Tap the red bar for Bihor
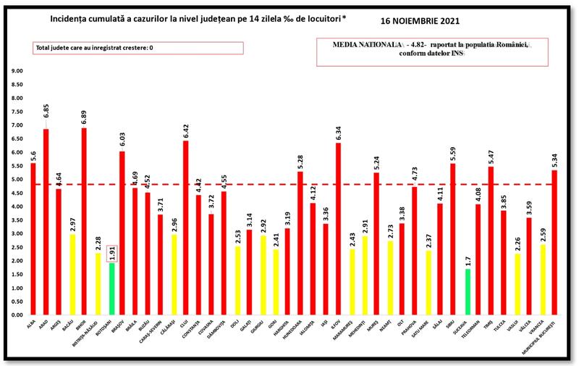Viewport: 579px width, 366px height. tap(84, 221)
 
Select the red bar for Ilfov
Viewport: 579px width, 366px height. tap(339, 228)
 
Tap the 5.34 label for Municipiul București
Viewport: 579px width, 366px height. tap(554, 157)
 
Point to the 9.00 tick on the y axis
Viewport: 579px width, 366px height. tap(17, 71)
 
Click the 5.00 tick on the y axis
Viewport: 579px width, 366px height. tap(17, 180)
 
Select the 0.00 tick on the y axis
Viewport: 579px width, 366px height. tap(17, 315)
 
